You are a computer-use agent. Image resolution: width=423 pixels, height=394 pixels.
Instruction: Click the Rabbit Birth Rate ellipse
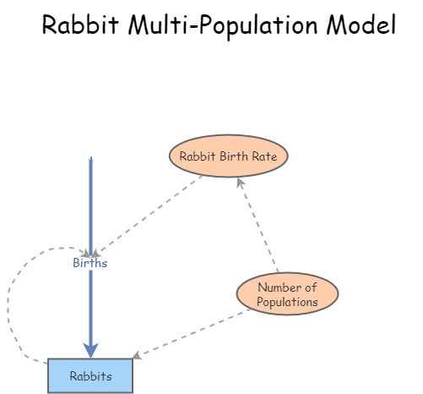[228, 156]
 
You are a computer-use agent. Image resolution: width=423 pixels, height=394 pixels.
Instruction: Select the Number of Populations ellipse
[287, 293]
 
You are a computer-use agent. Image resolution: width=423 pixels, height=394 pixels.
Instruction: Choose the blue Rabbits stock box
[90, 375]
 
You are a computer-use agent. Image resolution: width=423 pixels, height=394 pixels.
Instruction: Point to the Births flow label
[90, 263]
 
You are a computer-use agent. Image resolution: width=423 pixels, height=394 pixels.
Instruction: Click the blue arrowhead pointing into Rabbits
[90, 349]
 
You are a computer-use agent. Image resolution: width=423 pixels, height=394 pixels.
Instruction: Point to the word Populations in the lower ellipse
[288, 301]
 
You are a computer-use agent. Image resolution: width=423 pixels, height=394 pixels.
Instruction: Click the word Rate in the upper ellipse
[270, 156]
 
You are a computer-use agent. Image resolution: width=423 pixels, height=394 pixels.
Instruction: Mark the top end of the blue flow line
[90, 158]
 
